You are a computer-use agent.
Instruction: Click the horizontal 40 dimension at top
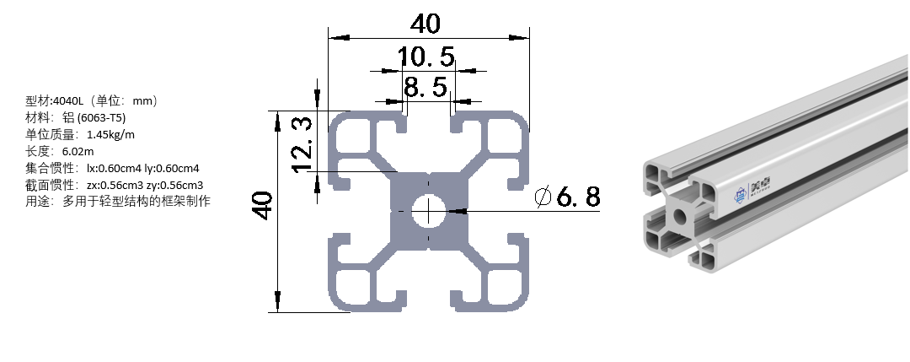(x=426, y=24)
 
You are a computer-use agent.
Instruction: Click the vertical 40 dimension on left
(x=264, y=206)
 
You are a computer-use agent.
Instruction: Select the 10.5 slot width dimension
(x=426, y=57)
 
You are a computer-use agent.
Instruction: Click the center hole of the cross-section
(x=429, y=211)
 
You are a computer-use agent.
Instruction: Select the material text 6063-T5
(x=102, y=117)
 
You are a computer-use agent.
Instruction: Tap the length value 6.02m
(x=78, y=151)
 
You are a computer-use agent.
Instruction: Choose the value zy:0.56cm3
(x=175, y=184)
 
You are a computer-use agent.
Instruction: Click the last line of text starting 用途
(x=118, y=201)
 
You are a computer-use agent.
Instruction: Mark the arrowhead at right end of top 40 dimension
(x=523, y=37)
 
